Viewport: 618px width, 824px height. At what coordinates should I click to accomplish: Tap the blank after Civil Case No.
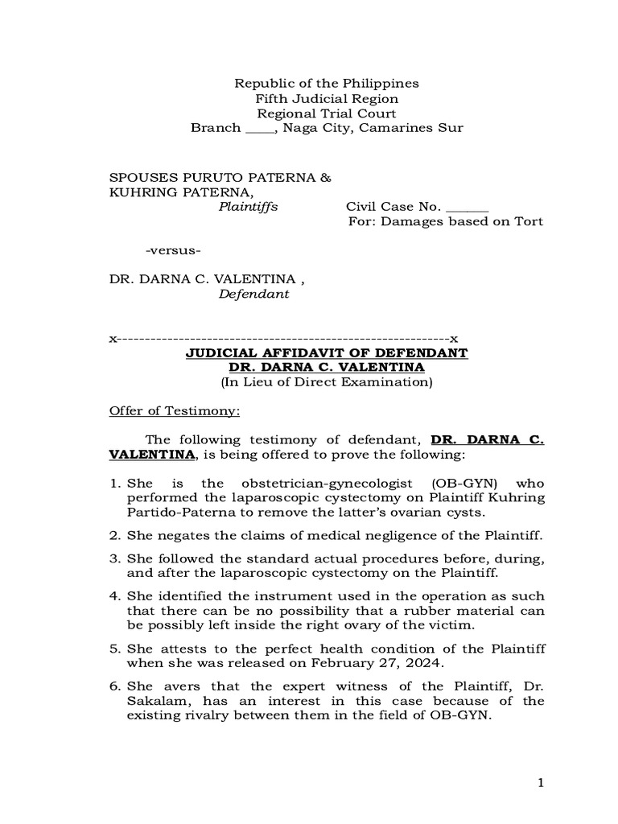(466, 207)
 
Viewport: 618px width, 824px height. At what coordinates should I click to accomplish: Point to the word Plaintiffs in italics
(249, 206)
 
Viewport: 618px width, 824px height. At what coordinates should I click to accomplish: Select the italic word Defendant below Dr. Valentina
(253, 295)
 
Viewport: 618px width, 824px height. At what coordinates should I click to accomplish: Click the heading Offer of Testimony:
(175, 411)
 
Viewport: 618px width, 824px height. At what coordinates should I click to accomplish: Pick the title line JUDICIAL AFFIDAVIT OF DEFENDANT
(327, 353)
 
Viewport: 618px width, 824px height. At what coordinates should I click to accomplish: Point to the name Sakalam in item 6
(154, 701)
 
